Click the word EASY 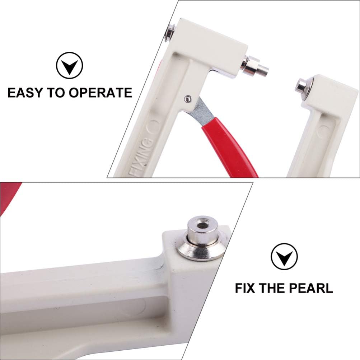[x=25, y=93]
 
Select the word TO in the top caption [x=56, y=93]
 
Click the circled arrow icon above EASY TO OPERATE [x=69, y=65]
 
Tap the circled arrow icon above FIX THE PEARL [x=284, y=257]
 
